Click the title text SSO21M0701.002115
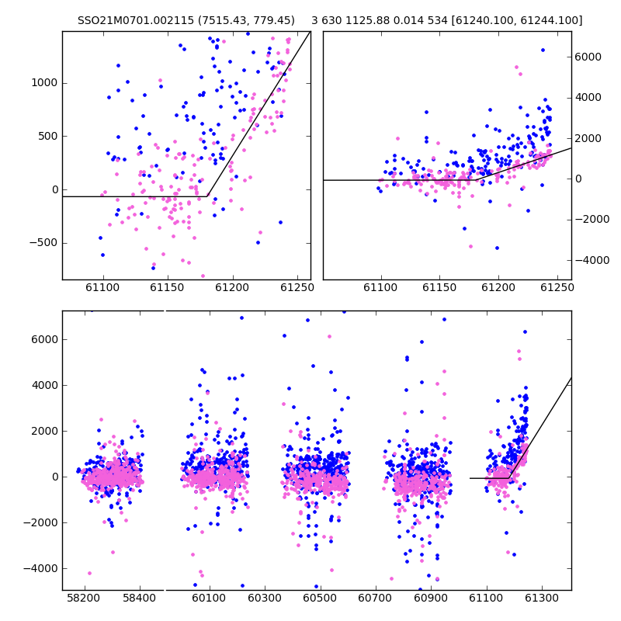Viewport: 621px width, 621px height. click(137, 20)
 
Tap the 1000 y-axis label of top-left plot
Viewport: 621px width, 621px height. click(44, 83)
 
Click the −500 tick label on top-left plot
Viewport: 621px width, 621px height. click(44, 243)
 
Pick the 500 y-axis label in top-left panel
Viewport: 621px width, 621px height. click(47, 137)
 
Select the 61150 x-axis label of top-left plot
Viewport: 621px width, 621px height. click(168, 287)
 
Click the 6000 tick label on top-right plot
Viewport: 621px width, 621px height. click(588, 57)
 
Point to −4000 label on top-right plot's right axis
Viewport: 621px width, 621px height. click(592, 260)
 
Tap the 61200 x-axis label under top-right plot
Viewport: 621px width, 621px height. click(498, 287)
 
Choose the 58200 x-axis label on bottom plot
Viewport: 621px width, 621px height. click(84, 598)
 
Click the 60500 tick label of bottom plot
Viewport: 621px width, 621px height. click(320, 598)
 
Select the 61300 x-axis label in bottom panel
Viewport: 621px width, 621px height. click(541, 598)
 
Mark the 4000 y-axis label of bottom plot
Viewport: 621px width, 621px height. click(45, 385)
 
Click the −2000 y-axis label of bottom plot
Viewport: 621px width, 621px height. click(41, 522)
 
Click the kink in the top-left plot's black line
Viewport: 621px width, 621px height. click(207, 196)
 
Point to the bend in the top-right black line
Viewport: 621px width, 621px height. click(476, 180)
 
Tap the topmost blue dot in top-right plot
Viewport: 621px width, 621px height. click(543, 50)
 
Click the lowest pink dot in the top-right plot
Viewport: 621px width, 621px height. click(471, 246)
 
